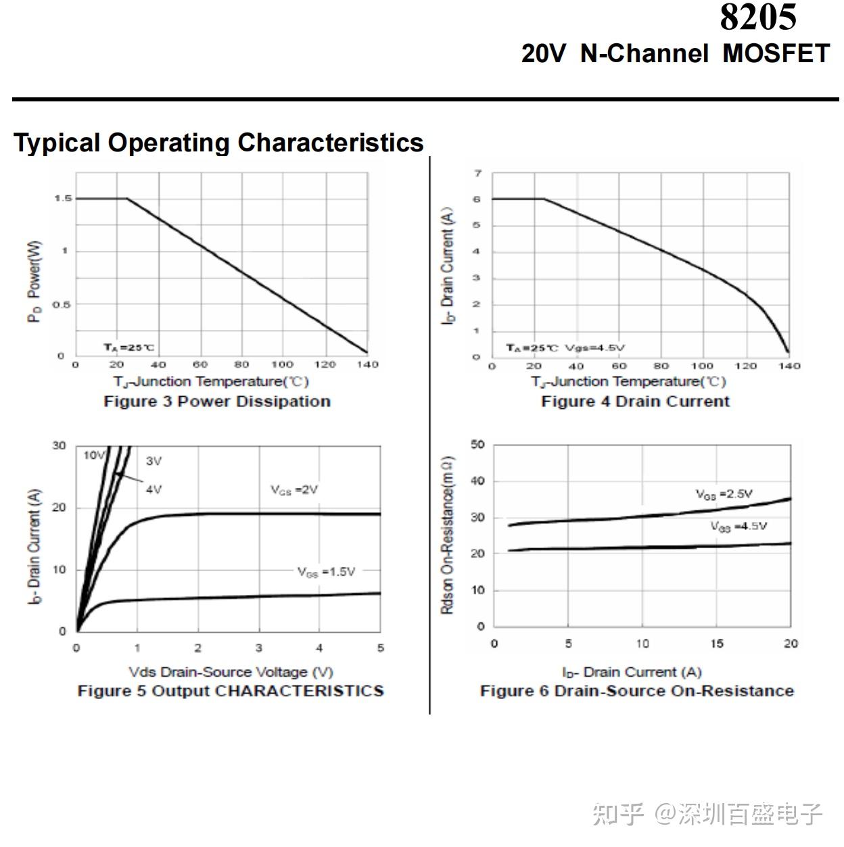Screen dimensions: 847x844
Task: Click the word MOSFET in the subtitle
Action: (x=776, y=53)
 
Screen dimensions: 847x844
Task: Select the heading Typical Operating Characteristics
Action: (x=218, y=143)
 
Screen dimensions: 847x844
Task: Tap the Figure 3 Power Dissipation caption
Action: (x=217, y=402)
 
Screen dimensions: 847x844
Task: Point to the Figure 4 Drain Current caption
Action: (x=635, y=402)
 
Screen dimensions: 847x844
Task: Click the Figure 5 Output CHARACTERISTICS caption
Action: (x=231, y=691)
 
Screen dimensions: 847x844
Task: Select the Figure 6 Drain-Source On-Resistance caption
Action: (x=636, y=691)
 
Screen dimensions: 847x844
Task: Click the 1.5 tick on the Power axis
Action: (x=62, y=199)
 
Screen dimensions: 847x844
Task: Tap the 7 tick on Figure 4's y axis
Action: (x=477, y=174)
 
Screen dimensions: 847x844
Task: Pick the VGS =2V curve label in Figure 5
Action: (x=294, y=489)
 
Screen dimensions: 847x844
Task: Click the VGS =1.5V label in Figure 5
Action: (x=326, y=572)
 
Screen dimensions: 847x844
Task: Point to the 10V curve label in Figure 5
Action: (x=94, y=456)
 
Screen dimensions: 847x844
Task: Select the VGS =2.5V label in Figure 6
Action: (x=724, y=494)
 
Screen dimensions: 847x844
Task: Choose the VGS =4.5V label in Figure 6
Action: (x=738, y=526)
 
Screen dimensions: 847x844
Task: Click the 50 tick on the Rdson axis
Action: (x=477, y=445)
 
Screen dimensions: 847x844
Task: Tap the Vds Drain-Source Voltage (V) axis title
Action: (x=231, y=672)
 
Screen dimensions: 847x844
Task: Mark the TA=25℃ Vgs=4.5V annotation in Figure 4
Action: (x=565, y=348)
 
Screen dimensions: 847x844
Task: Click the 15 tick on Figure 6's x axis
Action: (x=716, y=644)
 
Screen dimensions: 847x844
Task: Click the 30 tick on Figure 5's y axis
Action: (x=60, y=445)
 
